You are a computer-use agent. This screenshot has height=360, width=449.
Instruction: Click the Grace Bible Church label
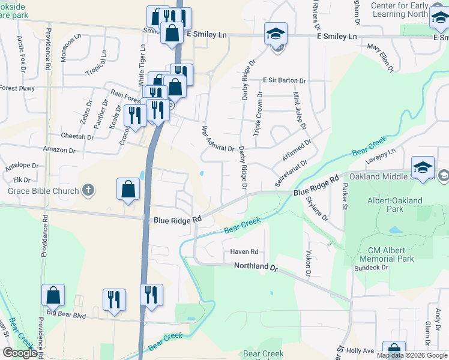pyautogui.click(x=43, y=191)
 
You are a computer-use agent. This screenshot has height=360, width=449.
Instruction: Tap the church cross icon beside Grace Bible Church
pyautogui.click(x=88, y=191)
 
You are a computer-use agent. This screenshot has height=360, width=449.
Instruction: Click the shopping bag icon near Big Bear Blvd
pyautogui.click(x=53, y=295)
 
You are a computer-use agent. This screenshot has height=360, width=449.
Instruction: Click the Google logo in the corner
pyautogui.click(x=20, y=353)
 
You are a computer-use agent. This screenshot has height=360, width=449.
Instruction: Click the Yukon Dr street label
pyautogui.click(x=307, y=264)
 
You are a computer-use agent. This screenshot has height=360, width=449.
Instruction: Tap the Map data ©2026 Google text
pyautogui.click(x=412, y=355)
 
